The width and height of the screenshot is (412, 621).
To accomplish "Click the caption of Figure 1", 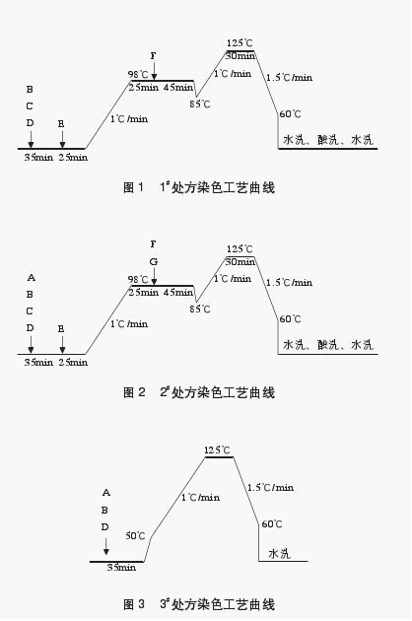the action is click(x=199, y=187).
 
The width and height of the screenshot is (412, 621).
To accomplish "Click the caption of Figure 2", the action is click(x=199, y=392).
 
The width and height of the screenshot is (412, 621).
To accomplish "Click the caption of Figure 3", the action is click(x=199, y=604).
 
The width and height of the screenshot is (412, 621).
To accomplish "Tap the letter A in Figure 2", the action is click(x=32, y=278).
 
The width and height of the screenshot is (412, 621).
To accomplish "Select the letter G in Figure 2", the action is click(x=154, y=262).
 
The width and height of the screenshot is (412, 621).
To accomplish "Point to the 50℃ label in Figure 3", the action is click(x=135, y=536).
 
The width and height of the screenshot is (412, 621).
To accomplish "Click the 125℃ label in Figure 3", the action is click(x=217, y=450).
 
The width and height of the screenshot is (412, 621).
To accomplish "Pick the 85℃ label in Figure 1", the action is click(x=200, y=104).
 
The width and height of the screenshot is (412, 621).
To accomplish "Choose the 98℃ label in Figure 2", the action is click(x=138, y=280).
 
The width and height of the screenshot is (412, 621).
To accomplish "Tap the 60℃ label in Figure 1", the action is click(x=290, y=114).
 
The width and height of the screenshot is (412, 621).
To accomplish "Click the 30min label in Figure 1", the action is click(x=240, y=56).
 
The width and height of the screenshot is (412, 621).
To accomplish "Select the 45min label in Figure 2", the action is click(x=178, y=293).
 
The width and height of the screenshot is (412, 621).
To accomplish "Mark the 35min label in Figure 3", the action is click(x=121, y=567).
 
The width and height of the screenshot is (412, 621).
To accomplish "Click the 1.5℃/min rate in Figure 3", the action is click(x=271, y=488).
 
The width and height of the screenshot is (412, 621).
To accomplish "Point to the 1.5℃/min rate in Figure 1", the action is click(x=289, y=77).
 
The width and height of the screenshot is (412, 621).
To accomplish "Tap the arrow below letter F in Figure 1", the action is click(x=154, y=71).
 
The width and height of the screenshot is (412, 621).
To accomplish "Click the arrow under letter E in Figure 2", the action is click(x=62, y=344).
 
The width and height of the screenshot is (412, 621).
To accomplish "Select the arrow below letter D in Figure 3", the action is click(x=105, y=546).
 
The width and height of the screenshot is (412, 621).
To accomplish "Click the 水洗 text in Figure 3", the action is click(x=279, y=553).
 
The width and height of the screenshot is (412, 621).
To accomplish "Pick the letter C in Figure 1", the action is click(x=30, y=106).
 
